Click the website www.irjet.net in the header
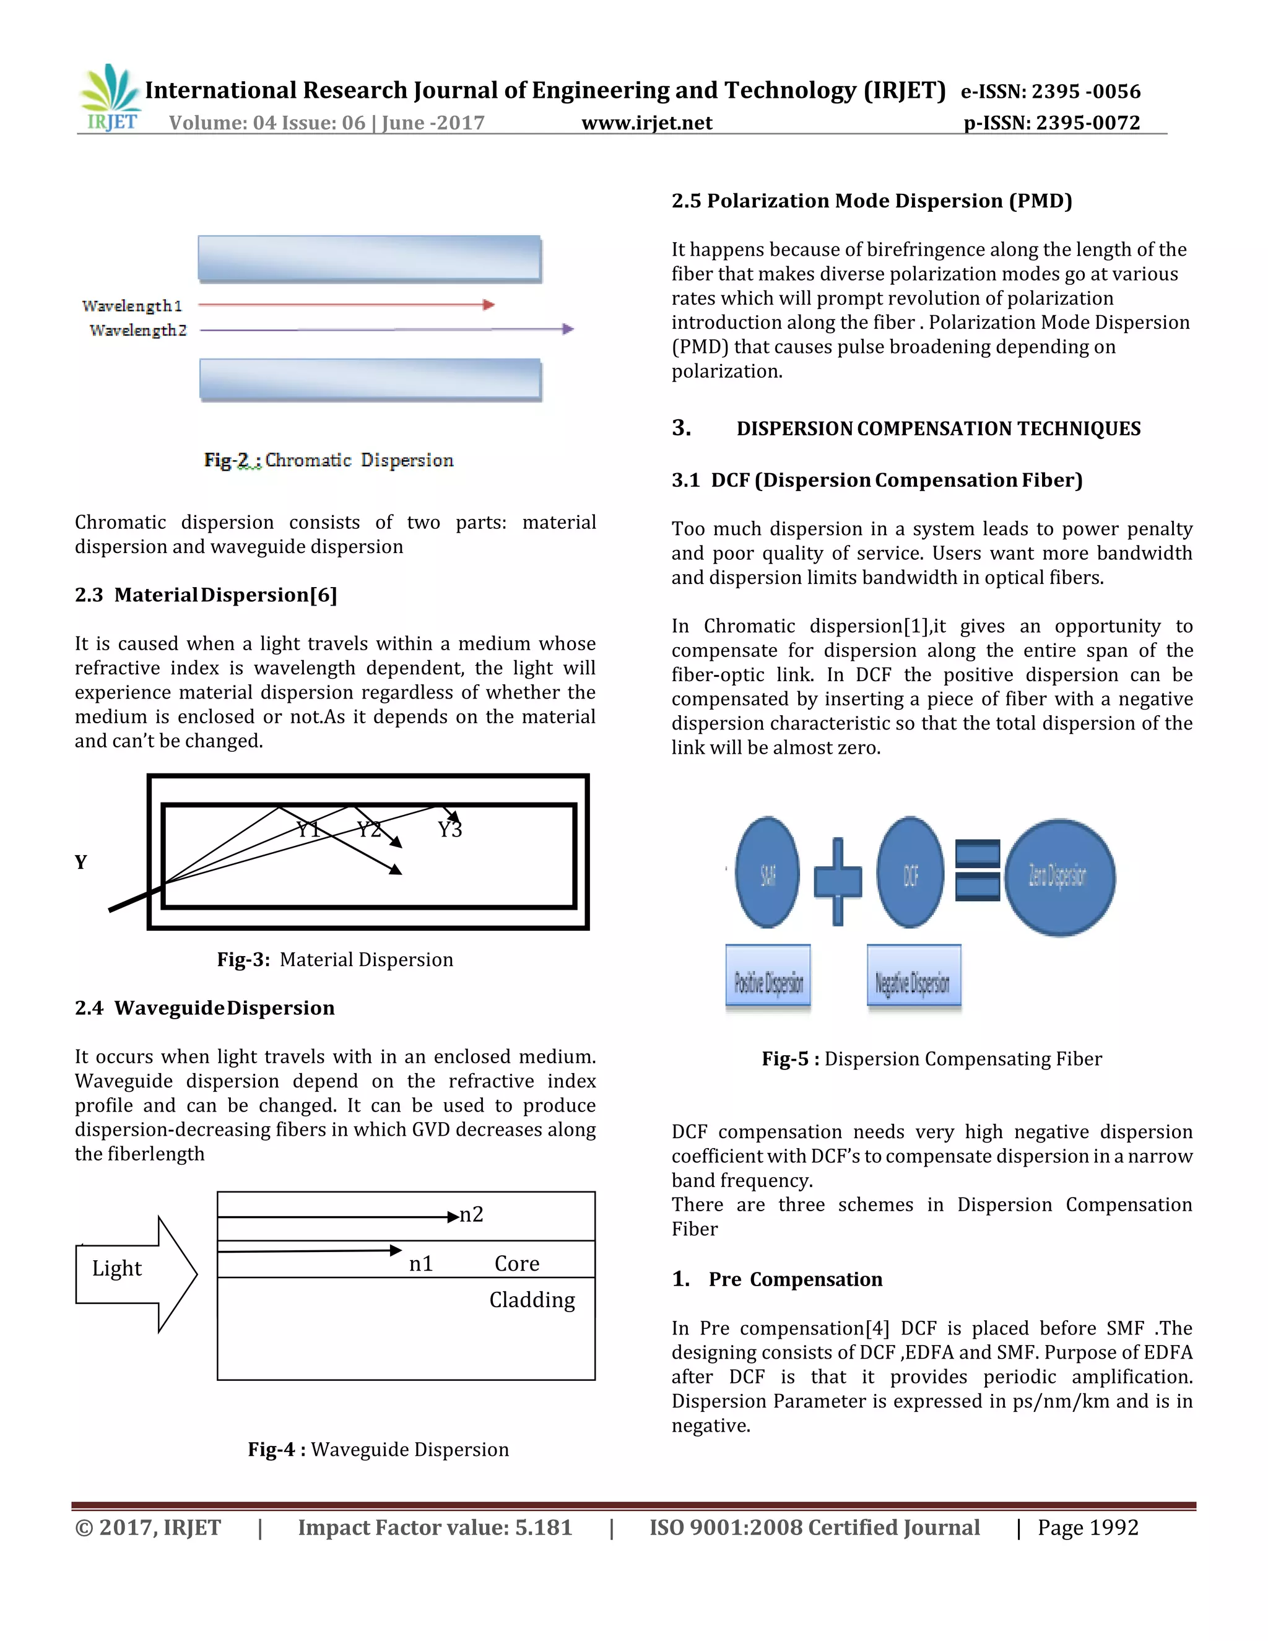(x=647, y=123)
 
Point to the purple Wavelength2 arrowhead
(x=568, y=329)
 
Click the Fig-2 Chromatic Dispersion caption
(x=329, y=460)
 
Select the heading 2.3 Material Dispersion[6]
(x=206, y=595)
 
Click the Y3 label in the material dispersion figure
(x=450, y=830)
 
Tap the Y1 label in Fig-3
(x=308, y=830)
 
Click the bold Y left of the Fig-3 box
(x=81, y=862)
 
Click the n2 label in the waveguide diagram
(x=471, y=1215)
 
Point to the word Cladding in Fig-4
(x=532, y=1300)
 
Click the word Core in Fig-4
(x=517, y=1264)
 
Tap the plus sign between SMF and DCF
(x=838, y=881)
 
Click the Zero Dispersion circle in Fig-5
(x=1059, y=877)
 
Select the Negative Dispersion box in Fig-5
(x=913, y=976)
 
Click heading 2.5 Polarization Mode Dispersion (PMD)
(x=871, y=201)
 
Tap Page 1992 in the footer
(x=1088, y=1528)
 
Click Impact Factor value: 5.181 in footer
(x=435, y=1528)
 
